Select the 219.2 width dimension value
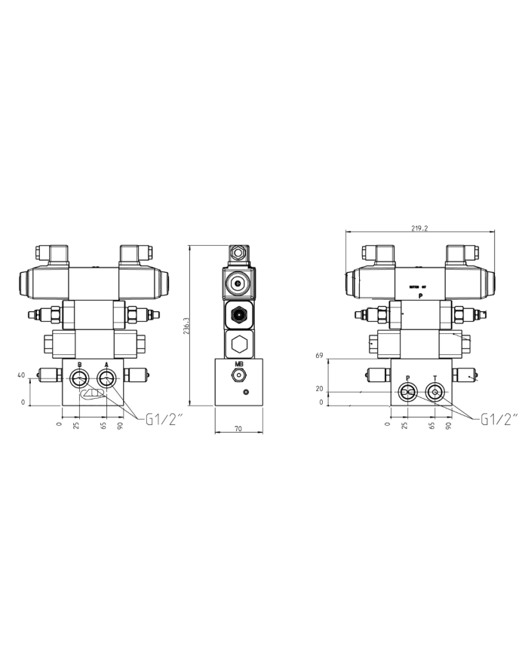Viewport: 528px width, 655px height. (420, 229)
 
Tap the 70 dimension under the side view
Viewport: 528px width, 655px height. (238, 428)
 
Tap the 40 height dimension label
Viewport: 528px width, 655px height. (21, 375)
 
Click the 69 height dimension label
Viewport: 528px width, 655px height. (321, 354)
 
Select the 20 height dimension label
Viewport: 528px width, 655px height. (321, 389)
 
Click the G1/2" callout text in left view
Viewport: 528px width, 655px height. (164, 420)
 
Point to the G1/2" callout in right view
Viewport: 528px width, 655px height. (499, 420)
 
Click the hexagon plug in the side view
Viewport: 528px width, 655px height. (239, 344)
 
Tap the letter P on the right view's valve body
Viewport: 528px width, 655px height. (420, 296)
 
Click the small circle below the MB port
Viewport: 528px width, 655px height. (245, 392)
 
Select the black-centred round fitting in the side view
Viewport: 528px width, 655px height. (239, 315)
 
